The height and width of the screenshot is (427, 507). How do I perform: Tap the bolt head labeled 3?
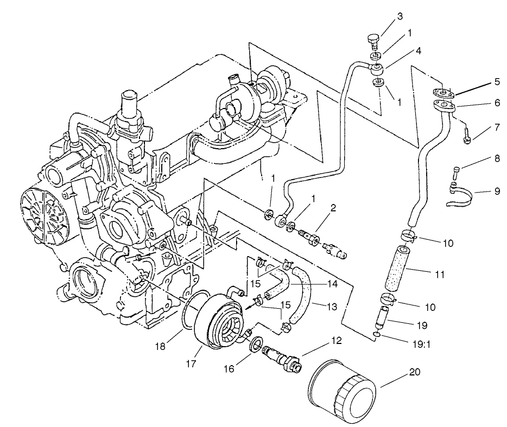(372, 39)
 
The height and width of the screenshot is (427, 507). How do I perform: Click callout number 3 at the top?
(400, 16)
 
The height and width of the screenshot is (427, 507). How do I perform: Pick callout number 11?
(440, 275)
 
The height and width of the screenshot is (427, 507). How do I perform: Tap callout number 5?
(497, 83)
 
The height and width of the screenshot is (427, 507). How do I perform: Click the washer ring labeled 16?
(256, 345)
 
